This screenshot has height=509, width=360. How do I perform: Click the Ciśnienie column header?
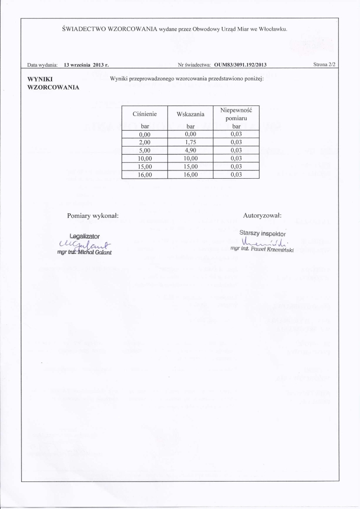(x=144, y=115)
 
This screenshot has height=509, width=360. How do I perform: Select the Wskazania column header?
(x=190, y=115)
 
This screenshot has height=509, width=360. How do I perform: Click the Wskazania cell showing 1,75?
(x=190, y=143)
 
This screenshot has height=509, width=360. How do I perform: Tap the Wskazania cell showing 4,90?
(x=190, y=151)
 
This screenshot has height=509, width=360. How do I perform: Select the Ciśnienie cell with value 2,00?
(x=144, y=143)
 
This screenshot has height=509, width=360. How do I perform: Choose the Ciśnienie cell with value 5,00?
(x=144, y=151)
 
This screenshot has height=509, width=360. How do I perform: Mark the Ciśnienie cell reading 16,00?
(x=144, y=174)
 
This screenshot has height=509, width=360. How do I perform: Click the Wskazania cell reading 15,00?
(x=190, y=166)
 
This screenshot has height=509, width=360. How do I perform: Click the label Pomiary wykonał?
(x=93, y=216)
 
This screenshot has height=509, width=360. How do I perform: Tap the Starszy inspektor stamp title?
(x=263, y=233)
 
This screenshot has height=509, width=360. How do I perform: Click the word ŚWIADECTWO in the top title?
(x=82, y=29)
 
